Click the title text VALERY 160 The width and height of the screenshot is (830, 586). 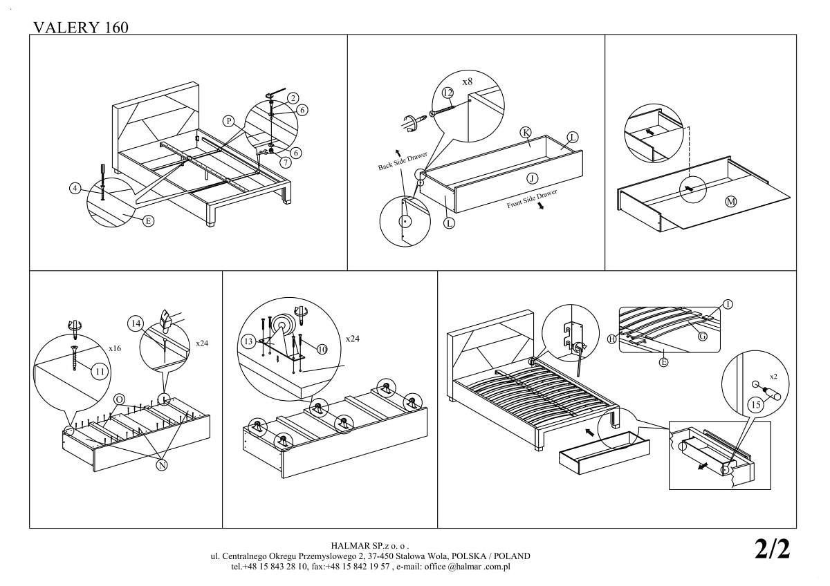[x=80, y=27]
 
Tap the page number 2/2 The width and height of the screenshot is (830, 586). [x=772, y=549]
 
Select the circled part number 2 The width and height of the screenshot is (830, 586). [x=293, y=97]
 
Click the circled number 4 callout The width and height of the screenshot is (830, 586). [x=75, y=188]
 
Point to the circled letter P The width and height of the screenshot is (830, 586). [x=228, y=121]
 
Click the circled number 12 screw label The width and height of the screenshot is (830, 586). [x=448, y=93]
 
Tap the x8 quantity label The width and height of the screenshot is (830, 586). [x=468, y=82]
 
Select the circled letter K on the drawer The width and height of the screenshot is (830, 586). [x=526, y=133]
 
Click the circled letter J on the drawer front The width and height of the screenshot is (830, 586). [x=532, y=178]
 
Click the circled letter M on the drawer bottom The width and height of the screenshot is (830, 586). [x=730, y=201]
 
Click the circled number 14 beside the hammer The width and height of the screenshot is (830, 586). [x=136, y=323]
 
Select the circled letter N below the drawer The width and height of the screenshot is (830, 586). [x=161, y=465]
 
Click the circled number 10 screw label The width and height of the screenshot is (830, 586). [x=322, y=349]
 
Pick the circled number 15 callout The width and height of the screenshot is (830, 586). [x=755, y=405]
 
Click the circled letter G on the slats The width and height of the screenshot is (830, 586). [x=702, y=337]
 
